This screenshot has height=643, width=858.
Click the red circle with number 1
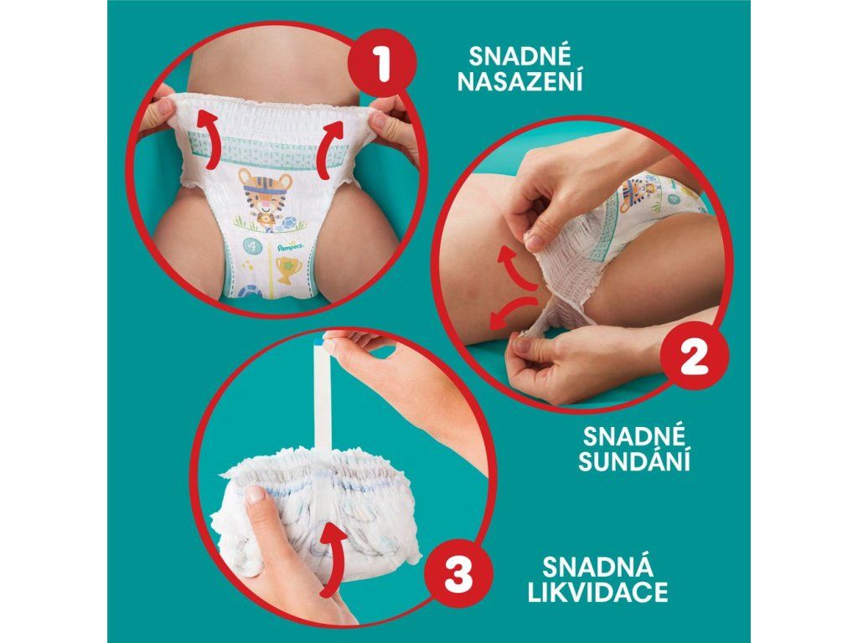point(382,64)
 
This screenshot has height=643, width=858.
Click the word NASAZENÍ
point(519,81)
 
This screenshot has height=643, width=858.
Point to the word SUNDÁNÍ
point(634,460)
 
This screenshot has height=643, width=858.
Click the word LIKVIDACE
point(597,592)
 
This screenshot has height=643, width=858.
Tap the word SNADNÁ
point(597,567)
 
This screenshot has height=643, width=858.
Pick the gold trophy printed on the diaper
point(285,270)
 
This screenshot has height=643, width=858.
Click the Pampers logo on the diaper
point(289,247)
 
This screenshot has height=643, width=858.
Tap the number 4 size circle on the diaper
point(251,247)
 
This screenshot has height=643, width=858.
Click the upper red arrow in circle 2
point(516,268)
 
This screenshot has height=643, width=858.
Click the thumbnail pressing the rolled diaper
point(254,494)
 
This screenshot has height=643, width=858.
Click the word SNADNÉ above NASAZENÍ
point(519,56)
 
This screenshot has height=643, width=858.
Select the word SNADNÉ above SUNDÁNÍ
point(634,435)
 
